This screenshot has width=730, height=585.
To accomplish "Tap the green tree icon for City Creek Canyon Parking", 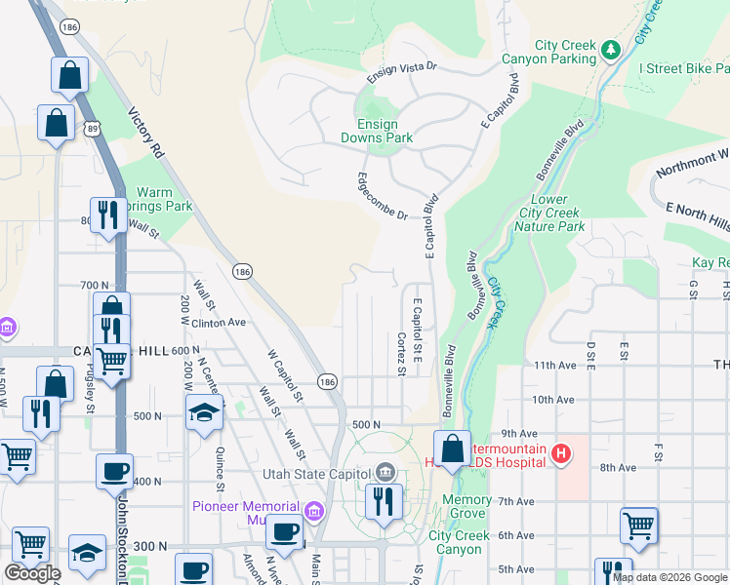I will coord(611,48).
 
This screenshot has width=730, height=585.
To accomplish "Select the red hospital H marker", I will coord(560,453).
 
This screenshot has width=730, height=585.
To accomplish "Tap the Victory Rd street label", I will coord(145,133).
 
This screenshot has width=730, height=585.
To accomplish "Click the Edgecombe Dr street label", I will coord(382,196).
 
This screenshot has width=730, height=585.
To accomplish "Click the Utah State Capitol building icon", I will coord(386,473).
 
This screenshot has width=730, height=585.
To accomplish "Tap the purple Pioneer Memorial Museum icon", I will coord(313,509).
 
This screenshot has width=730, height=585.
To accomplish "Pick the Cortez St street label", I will coord(401,353).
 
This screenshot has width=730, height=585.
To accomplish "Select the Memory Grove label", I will coord(466,506).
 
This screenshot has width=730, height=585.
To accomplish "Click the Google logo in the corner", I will coord(32,573).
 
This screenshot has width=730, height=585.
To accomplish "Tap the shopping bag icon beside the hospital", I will coord(452,449).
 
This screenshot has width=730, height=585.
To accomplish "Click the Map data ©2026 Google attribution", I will coord(669,577).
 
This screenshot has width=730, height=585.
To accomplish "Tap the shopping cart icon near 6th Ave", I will coord(638,526).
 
